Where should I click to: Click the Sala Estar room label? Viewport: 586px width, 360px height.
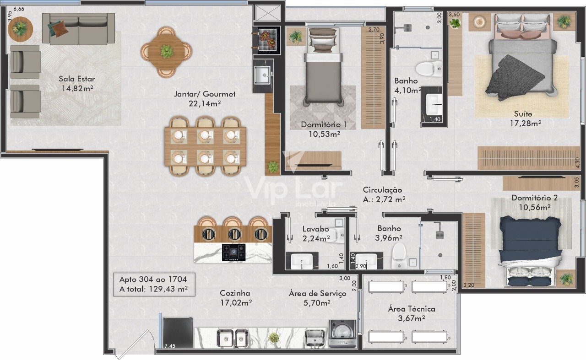[76, 79]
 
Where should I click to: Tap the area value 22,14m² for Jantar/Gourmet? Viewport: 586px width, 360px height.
[205, 104]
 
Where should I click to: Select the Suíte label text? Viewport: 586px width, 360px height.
[523, 114]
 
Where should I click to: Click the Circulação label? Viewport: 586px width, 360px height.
[382, 190]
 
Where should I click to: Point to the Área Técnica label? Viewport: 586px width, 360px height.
[412, 309]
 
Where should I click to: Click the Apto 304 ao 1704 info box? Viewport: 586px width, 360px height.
[154, 285]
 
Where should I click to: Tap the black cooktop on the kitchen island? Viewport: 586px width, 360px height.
[233, 253]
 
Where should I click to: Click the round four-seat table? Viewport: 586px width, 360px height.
[166, 52]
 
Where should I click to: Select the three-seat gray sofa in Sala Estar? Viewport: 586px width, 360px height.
[78, 29]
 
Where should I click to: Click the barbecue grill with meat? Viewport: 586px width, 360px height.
[266, 40]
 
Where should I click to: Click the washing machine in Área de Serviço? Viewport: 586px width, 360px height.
[342, 333]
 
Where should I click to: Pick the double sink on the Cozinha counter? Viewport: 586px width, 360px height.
[232, 339]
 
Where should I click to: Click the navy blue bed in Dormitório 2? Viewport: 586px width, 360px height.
[530, 251]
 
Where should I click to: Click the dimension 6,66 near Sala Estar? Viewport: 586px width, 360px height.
[19, 9]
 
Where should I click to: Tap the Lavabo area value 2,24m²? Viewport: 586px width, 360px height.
[316, 238]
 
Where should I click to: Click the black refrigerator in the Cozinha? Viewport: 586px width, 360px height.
[178, 333]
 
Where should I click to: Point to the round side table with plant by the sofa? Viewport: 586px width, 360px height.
[20, 28]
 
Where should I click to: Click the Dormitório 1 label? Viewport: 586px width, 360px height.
[324, 124]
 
